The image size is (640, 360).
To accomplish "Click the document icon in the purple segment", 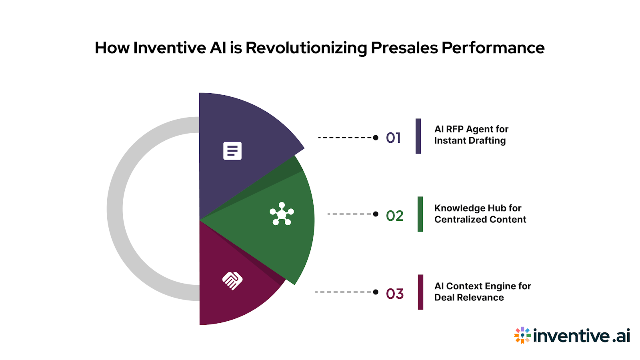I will tap(232, 151).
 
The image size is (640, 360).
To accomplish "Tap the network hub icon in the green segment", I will tap(282, 214).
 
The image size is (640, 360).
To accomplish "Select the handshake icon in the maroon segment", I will tap(232, 280).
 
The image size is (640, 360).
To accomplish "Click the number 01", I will tap(393, 138).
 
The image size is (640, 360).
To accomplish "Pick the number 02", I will tap(394, 216).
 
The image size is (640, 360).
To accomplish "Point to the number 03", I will tap(394, 294).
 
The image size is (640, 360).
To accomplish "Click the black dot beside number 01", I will tap(376, 138).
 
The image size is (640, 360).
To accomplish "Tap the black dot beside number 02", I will tap(376, 214).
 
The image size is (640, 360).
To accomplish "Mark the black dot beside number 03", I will tap(376, 292).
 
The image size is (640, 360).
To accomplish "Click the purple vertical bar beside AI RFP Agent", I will tap(418, 136).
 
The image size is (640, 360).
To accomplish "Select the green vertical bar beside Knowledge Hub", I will tap(420, 214).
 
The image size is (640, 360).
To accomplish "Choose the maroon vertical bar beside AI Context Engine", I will tap(420, 292).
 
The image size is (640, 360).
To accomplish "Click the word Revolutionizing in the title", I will tap(306, 48).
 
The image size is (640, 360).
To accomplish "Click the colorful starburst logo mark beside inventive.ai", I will tap(522, 336).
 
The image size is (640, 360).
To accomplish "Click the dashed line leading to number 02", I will tap(350, 214).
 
